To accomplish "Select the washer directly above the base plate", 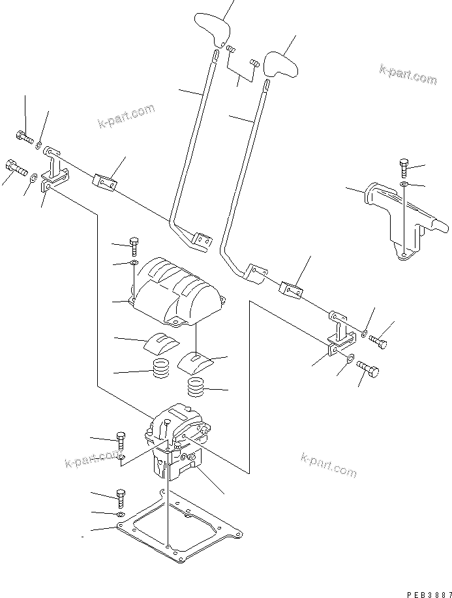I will [121, 514].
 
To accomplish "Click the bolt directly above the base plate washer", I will [120, 497].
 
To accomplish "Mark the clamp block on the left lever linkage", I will [105, 182].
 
